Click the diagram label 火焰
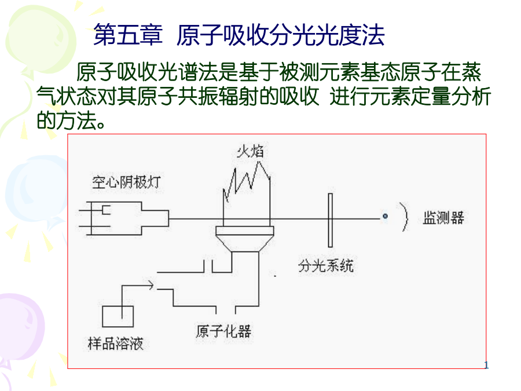click(x=250, y=151)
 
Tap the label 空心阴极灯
click(x=126, y=182)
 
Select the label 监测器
click(x=443, y=218)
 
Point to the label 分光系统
click(x=325, y=266)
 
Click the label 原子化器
click(x=223, y=331)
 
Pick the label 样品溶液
click(x=116, y=344)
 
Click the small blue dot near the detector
click(x=385, y=216)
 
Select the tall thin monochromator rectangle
click(x=331, y=220)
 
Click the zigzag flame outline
click(x=246, y=180)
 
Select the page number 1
click(x=486, y=365)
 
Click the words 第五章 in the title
click(x=128, y=35)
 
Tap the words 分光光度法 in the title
click(x=327, y=35)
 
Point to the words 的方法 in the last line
click(x=67, y=120)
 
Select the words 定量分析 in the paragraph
click(x=450, y=96)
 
